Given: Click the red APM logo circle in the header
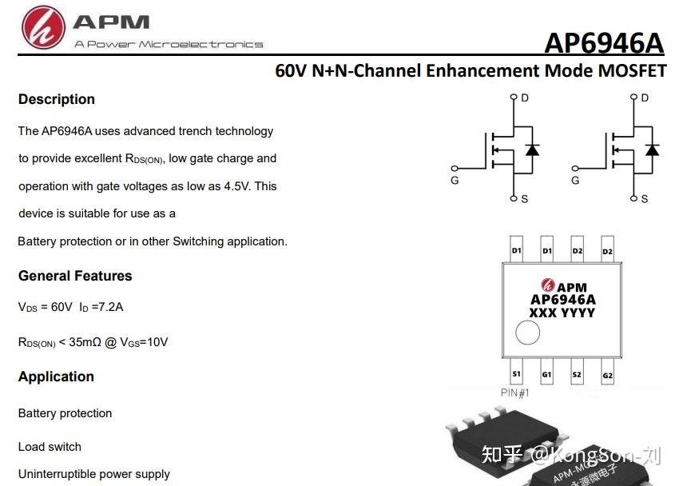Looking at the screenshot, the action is (44, 27).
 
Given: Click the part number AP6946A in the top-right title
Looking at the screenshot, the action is (604, 43).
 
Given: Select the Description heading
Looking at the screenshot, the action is (57, 99).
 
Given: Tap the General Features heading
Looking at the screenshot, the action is (75, 276).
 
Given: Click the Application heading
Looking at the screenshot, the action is (56, 376).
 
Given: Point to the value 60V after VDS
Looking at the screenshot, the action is (62, 307).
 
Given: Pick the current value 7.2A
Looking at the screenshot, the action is (111, 307).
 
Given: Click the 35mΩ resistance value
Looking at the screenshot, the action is (85, 342).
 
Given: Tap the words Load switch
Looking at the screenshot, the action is (50, 447).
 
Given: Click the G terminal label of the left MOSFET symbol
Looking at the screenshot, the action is (455, 181).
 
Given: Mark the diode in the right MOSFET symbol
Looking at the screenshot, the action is (652, 149).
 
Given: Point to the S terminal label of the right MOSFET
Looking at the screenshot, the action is (645, 199).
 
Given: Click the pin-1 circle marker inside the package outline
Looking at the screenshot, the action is (528, 333).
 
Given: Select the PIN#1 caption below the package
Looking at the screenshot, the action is (515, 392).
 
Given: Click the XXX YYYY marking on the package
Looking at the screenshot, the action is (562, 313).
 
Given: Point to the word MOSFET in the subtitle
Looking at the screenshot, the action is (632, 70).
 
